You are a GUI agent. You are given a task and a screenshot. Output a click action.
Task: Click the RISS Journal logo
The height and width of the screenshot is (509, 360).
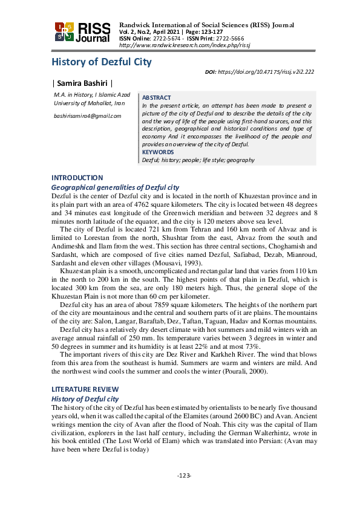coord(82,33)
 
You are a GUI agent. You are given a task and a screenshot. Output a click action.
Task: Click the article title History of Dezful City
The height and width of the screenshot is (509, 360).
coord(101,62)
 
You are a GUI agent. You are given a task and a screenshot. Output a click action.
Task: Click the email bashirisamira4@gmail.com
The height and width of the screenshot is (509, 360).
coord(87,115)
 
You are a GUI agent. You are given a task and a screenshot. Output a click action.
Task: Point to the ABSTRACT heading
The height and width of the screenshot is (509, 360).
coord(156,97)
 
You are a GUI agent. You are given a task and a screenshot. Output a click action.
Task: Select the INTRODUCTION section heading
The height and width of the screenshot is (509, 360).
coord(77,178)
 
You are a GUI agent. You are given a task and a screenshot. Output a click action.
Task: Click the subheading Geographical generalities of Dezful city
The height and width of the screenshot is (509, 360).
coord(115,188)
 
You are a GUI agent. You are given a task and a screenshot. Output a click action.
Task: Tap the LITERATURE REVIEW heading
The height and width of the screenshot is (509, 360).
coord(85,389)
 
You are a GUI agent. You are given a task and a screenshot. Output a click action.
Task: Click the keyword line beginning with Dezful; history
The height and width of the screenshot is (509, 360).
coord(198,160)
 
